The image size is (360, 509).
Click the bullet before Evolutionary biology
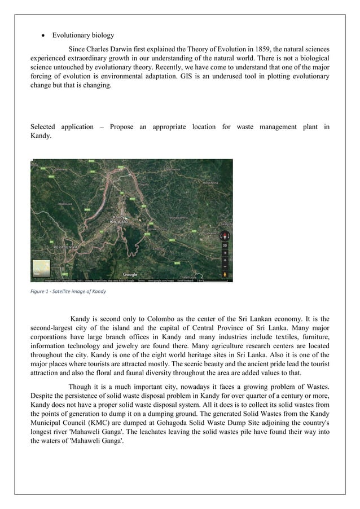(43, 35)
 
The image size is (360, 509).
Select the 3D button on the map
(224, 245)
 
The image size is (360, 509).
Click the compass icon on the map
(224, 235)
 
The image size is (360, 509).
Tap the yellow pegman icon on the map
(224, 274)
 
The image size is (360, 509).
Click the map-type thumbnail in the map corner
(41, 267)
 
